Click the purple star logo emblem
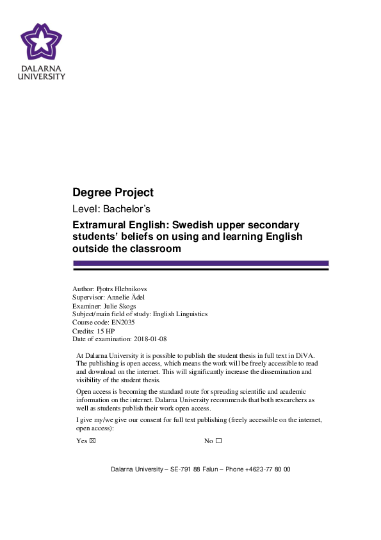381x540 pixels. point(42,42)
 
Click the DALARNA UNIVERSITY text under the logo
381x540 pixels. point(42,72)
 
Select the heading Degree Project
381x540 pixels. point(113,192)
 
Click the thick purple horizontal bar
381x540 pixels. point(200,263)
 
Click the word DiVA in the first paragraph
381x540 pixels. point(302,355)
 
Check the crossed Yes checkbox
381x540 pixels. point(92,441)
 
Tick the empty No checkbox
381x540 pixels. point(218,441)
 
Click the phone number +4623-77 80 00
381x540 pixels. point(267,469)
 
